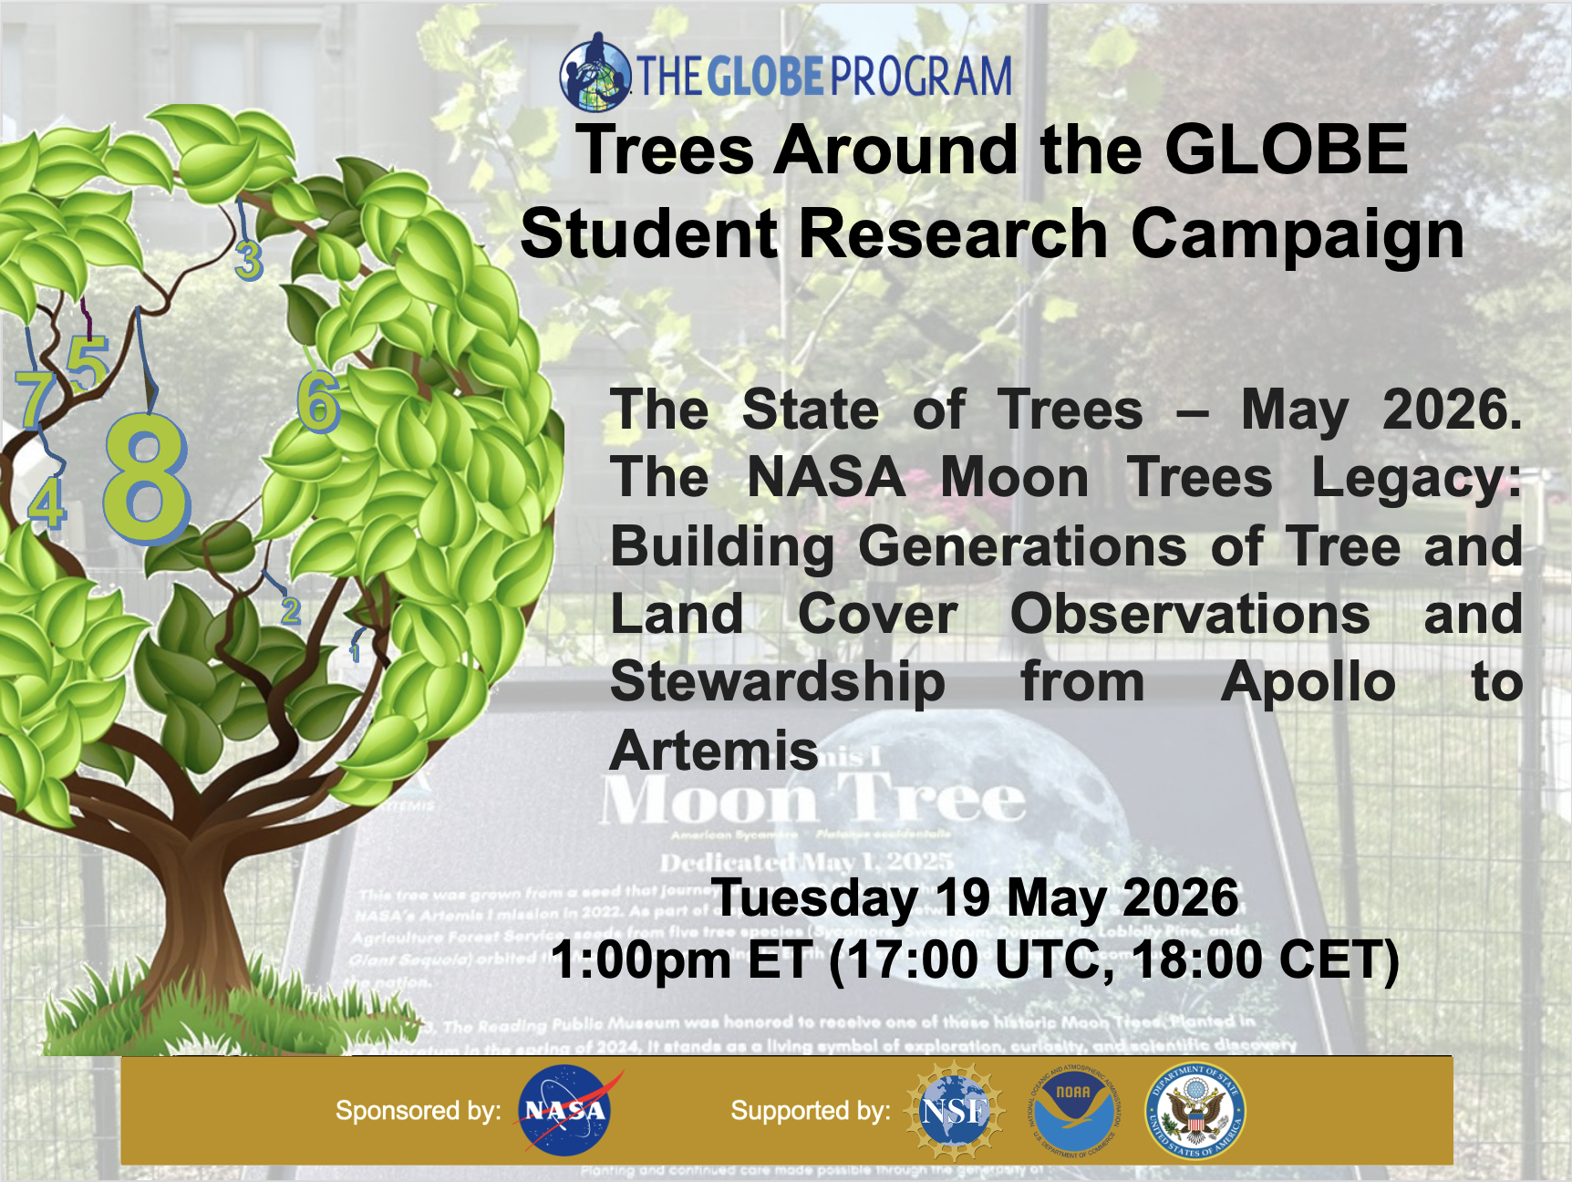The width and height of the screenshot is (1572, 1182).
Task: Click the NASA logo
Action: coord(564,1111)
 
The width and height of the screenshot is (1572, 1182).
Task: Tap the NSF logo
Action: coord(954,1111)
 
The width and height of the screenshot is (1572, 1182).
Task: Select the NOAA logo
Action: coord(1074,1111)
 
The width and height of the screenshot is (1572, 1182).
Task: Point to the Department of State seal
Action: coord(1195,1111)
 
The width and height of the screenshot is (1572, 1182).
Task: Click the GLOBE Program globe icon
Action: coord(595,72)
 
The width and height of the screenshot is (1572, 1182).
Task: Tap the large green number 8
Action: coord(146,479)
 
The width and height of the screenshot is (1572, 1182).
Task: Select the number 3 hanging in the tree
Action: coord(248,260)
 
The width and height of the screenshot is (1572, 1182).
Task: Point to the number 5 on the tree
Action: coord(88,363)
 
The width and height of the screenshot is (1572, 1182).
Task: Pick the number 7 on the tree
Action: coord(35,399)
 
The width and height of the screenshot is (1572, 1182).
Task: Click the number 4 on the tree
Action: coord(47,503)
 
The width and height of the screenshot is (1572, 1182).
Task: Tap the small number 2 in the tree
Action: coord(290,609)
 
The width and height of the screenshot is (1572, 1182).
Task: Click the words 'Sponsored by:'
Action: coord(418,1111)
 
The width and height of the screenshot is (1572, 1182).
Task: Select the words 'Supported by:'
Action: coord(810,1111)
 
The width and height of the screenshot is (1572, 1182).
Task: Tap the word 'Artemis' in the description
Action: coord(714,751)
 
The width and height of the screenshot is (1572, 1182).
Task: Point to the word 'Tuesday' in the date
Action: coord(814,897)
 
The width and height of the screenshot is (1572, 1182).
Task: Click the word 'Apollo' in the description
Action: coord(1308,682)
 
